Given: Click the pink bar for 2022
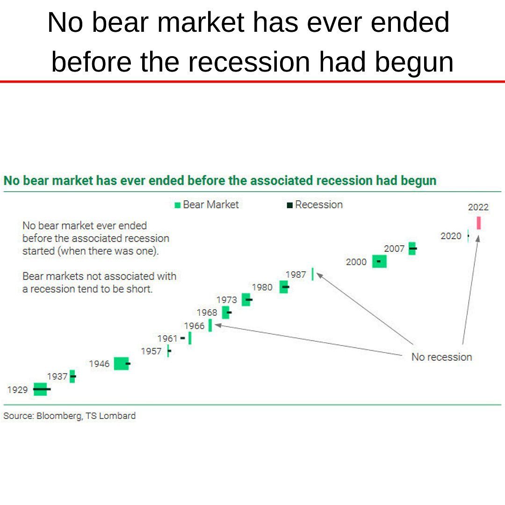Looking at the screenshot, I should pos(479,223).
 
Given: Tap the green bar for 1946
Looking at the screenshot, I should pos(121,363).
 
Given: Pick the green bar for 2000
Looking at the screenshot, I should pos(379,261).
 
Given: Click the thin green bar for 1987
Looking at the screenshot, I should pos(312,274).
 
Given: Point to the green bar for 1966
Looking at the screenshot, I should pos(210,325).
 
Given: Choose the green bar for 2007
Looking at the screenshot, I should pos(411,248).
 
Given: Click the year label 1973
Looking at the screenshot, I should pos(227,300).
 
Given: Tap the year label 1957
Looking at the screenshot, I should pos(151,351).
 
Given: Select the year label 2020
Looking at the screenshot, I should pos(451,236).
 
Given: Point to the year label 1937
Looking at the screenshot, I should pos(57,376).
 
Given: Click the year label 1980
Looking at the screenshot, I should pos(262,287).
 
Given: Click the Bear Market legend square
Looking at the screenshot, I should pos(178,205).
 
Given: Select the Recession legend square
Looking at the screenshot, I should pos(290,205).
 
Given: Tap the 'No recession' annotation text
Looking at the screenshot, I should pos(441,357).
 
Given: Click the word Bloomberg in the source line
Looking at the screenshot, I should pos(58,416).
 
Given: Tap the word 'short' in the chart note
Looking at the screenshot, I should pos(140,289).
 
